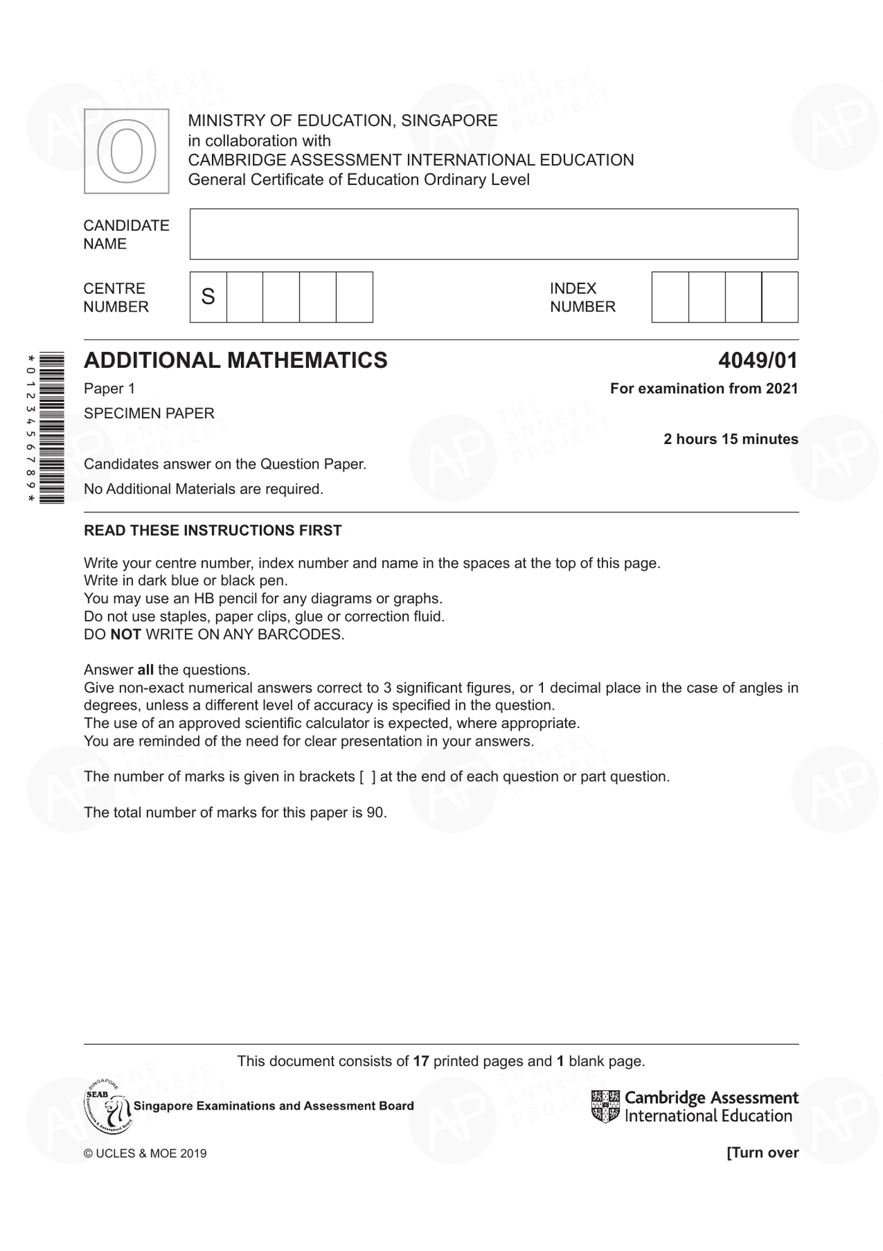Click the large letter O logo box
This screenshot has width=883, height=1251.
(126, 151)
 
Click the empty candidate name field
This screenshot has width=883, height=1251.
(493, 234)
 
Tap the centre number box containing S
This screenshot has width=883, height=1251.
(208, 297)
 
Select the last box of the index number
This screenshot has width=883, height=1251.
(780, 297)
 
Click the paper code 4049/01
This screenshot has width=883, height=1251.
(757, 360)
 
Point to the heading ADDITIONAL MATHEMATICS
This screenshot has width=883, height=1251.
(235, 360)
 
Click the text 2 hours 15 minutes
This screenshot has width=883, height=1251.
(730, 439)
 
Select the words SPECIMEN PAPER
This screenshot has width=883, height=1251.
(149, 413)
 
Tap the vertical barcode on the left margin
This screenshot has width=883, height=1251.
(51, 428)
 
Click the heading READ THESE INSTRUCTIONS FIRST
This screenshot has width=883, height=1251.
(213, 531)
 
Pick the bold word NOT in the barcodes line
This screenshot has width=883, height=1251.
(126, 635)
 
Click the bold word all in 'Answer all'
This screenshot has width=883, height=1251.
(145, 670)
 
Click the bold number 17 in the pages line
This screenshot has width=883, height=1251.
(421, 1061)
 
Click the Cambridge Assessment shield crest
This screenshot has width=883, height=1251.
(605, 1107)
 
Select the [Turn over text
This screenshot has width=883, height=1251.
(762, 1153)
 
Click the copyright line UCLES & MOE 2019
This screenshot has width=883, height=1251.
(145, 1153)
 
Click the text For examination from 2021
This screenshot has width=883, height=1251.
(703, 389)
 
